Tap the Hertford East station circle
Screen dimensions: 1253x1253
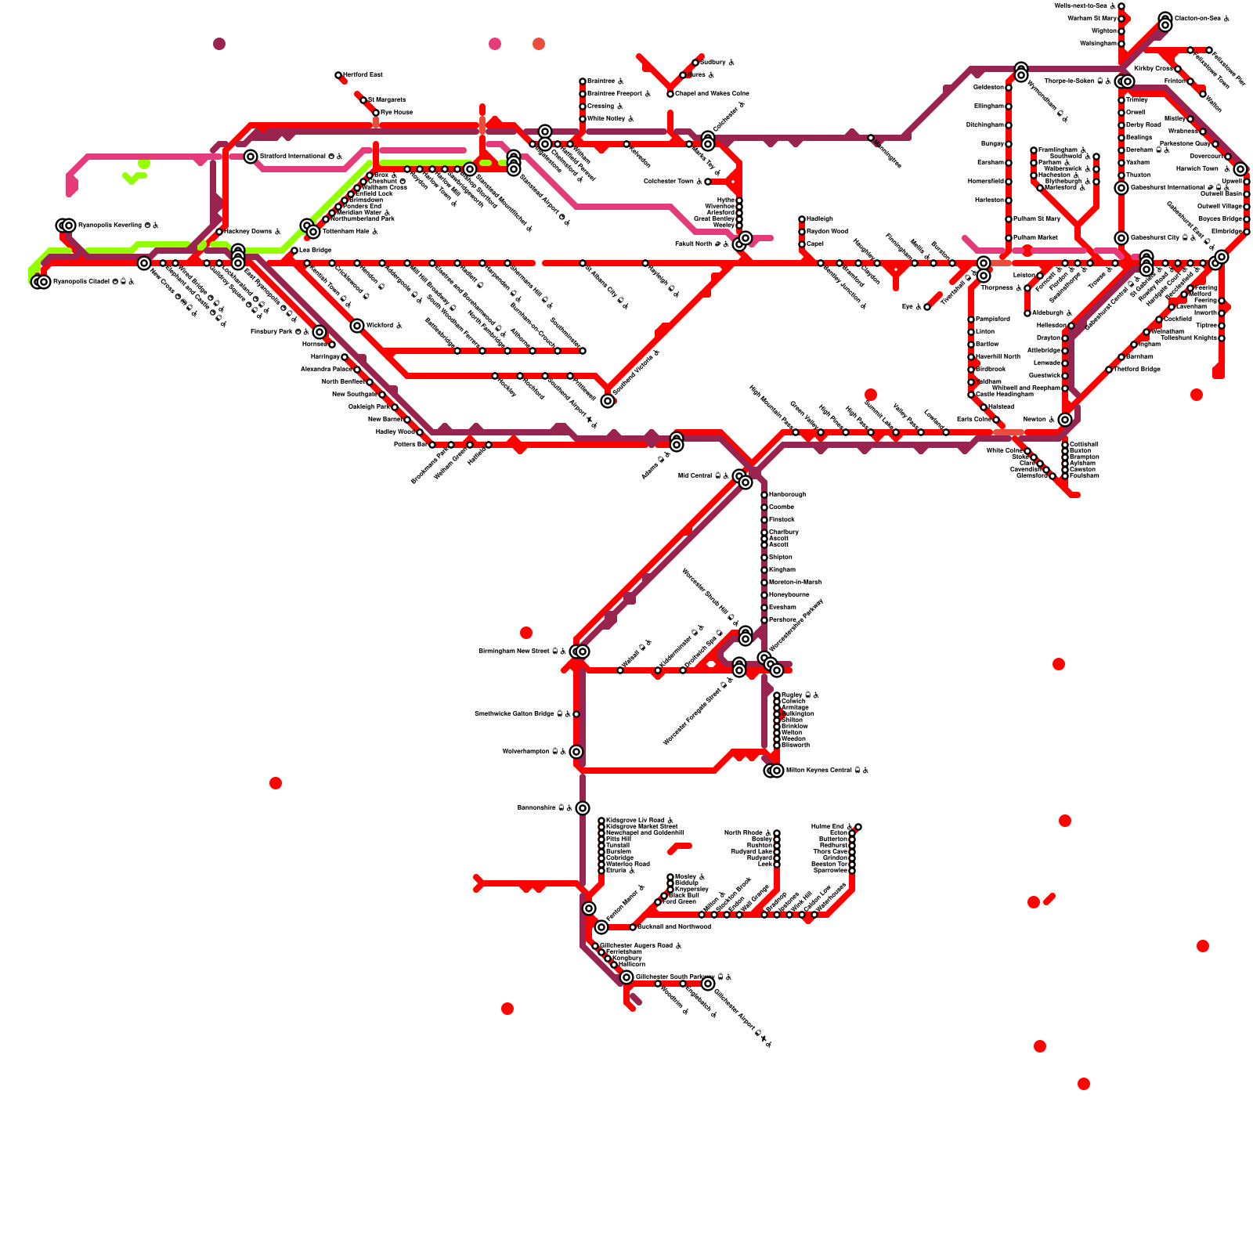pyautogui.click(x=338, y=76)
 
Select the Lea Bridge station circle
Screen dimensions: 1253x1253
pyautogui.click(x=294, y=251)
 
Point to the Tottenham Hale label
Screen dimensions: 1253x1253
pyautogui.click(x=350, y=232)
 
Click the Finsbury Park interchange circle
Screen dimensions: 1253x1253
pyautogui.click(x=320, y=332)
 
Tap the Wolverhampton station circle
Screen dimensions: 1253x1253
pyautogui.click(x=576, y=752)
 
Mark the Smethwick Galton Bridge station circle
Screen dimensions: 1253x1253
pyautogui.click(x=576, y=714)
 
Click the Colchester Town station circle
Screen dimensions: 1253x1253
pyautogui.click(x=708, y=182)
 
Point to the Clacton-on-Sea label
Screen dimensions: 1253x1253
pyautogui.click(x=1202, y=18)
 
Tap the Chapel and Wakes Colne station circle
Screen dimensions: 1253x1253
pyautogui.click(x=670, y=94)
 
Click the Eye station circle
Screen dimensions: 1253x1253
pyautogui.click(x=927, y=307)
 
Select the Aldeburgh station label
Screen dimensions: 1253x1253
pyautogui.click(x=1052, y=313)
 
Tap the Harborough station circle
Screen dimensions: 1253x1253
pyautogui.click(x=764, y=495)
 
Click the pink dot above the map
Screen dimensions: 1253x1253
pyautogui.click(x=495, y=44)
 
